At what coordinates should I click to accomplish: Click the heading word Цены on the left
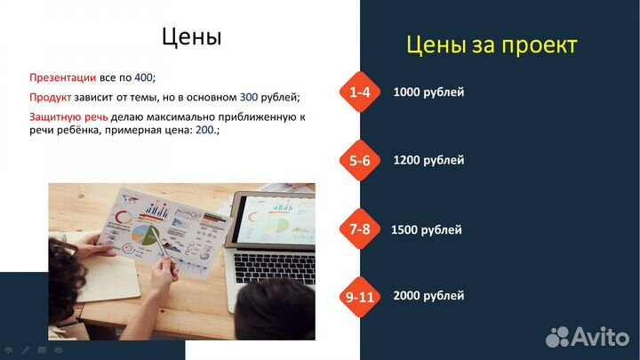[191, 36]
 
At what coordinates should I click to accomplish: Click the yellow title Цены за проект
[492, 44]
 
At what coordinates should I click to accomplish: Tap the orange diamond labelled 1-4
[359, 92]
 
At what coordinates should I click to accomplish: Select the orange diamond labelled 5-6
[359, 161]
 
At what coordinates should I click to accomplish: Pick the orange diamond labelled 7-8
[359, 229]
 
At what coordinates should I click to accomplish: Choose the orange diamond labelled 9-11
[359, 297]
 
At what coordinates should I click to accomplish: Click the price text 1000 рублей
[428, 92]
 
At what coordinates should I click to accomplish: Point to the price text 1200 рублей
[428, 161]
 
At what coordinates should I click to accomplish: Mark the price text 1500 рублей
[427, 230]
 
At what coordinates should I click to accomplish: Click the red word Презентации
[63, 77]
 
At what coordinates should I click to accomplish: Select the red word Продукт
[51, 97]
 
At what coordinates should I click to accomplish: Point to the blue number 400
[143, 77]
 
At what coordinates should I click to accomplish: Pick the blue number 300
[249, 97]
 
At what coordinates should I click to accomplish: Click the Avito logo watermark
[587, 337]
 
